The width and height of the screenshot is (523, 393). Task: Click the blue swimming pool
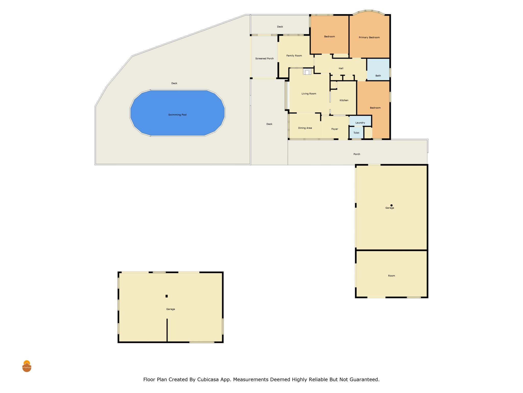[177, 113]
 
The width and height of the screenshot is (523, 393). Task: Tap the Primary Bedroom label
[369, 37]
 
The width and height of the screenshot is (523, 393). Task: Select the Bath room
[378, 69]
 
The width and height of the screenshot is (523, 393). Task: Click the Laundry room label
[360, 123]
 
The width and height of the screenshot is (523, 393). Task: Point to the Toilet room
[356, 133]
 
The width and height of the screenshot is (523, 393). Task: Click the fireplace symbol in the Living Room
[307, 71]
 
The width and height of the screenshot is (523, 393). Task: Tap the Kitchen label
[344, 100]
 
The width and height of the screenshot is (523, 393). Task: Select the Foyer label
[335, 129]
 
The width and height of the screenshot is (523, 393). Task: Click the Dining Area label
[305, 128]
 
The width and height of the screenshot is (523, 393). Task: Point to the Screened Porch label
[264, 59]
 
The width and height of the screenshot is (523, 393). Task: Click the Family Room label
[294, 56]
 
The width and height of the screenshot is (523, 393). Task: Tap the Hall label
[341, 68]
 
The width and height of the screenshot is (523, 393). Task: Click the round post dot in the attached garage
[391, 205]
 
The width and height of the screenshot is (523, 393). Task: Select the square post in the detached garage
[167, 296]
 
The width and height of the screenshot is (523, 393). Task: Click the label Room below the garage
[391, 276]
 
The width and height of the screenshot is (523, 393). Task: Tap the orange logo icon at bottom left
[27, 366]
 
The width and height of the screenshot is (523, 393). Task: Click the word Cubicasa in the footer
[208, 379]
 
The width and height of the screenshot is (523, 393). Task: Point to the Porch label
[357, 154]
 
